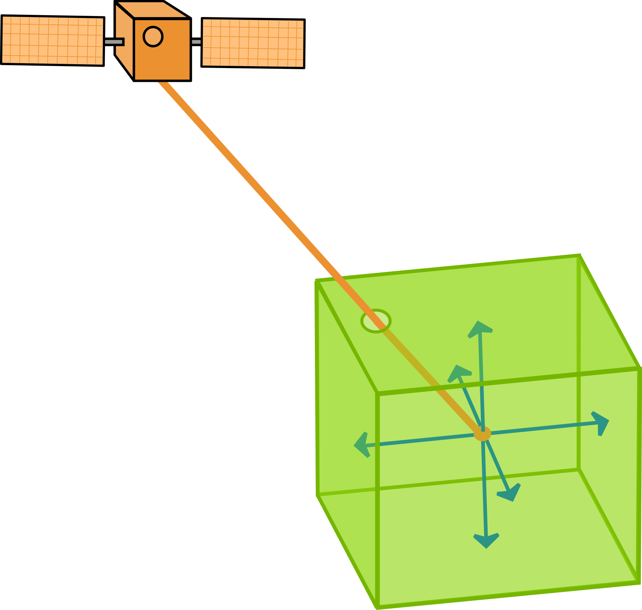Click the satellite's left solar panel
(x=52, y=40)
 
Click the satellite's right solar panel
(x=253, y=43)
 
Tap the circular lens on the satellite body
(x=153, y=36)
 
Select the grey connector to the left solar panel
(x=114, y=42)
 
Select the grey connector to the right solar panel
(x=196, y=42)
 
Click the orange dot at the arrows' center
(x=482, y=434)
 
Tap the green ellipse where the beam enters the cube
(x=376, y=321)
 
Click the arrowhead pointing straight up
(x=479, y=329)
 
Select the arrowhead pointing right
(x=601, y=423)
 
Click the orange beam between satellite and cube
(x=247, y=179)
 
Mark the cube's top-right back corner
(x=580, y=255)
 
